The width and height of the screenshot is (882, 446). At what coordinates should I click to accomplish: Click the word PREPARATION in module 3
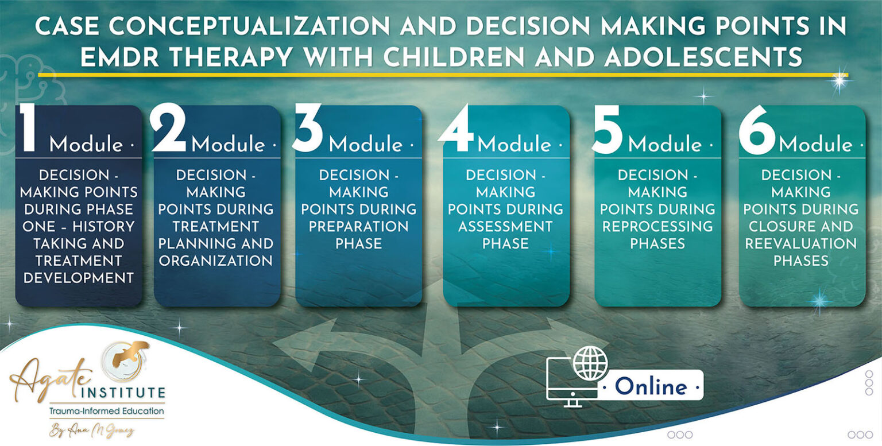tap(359, 226)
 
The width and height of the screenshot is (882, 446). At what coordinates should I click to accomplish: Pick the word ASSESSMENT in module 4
tap(506, 226)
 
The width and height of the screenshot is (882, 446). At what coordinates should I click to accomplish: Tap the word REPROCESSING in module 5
tap(657, 226)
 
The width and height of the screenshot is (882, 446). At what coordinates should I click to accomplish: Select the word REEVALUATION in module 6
tap(801, 243)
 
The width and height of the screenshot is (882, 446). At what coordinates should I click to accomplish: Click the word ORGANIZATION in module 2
tap(216, 261)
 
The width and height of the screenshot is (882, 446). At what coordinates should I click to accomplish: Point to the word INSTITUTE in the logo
tap(123, 394)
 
